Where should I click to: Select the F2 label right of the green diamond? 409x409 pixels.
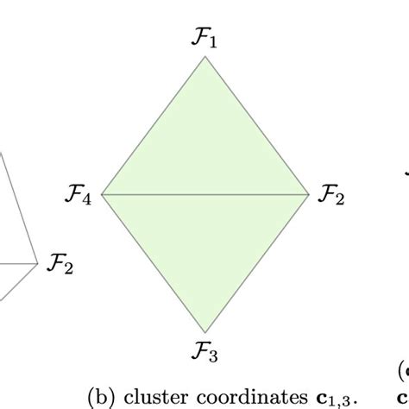[331, 195]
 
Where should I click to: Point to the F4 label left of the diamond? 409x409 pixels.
[79, 195]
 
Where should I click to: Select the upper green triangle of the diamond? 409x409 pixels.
[204, 147]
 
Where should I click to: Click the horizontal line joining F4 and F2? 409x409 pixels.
[204, 194]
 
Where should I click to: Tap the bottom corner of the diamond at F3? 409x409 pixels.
[204, 332]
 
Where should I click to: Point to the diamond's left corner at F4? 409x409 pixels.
[102, 194]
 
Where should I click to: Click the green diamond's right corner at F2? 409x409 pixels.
[308, 194]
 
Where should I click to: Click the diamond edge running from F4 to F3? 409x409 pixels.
[154, 263]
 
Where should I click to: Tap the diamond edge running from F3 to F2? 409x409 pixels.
[256, 263]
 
